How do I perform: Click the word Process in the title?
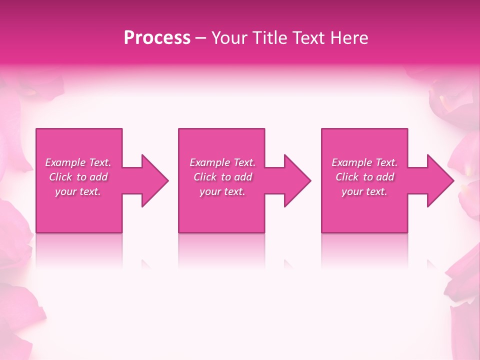[x=157, y=38]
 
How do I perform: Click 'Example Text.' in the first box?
[x=78, y=162]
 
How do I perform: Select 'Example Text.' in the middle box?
[x=222, y=162]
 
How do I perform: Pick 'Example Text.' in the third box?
[x=364, y=162]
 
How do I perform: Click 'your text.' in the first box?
[x=78, y=191]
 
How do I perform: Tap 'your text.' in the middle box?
[x=222, y=191]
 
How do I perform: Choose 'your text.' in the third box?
[x=364, y=191]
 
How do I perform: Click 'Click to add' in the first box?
[x=78, y=177]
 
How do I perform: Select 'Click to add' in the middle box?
[x=222, y=177]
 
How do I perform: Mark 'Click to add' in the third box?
[x=364, y=177]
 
